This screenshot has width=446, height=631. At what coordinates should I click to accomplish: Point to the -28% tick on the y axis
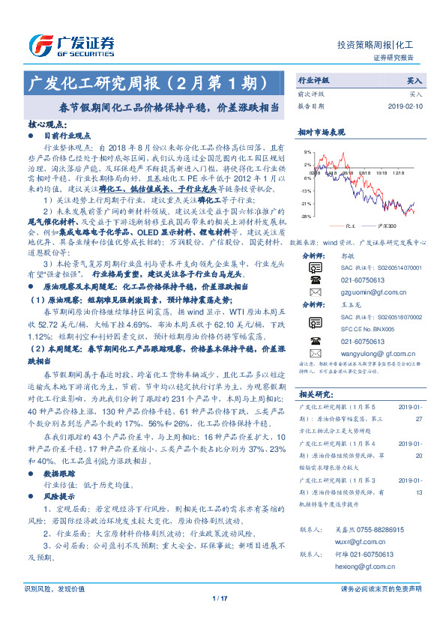(306, 216)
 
